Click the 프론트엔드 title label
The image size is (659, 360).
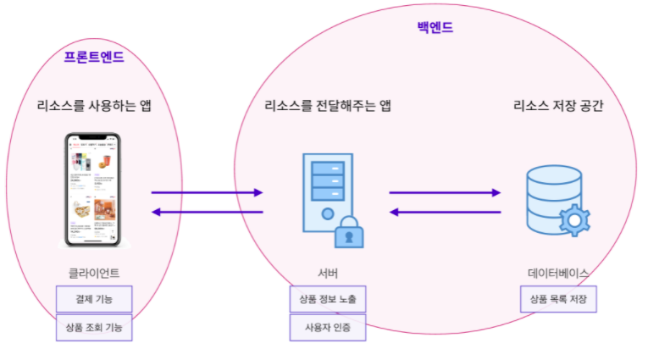click(x=94, y=58)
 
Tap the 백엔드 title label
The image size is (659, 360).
click(x=435, y=27)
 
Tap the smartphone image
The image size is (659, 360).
click(x=93, y=189)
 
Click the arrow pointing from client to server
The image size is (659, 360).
click(x=207, y=192)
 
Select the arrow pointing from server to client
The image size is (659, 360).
click(x=207, y=212)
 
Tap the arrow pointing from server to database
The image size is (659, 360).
click(x=445, y=192)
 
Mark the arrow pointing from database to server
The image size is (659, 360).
click(x=445, y=212)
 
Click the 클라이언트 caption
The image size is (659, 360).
click(x=94, y=273)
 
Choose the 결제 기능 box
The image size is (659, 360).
click(x=94, y=299)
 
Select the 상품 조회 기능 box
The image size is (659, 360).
click(x=94, y=327)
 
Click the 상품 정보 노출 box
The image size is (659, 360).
click(x=328, y=299)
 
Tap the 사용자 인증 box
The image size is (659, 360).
click(x=328, y=327)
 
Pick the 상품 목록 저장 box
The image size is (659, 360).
click(x=558, y=299)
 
